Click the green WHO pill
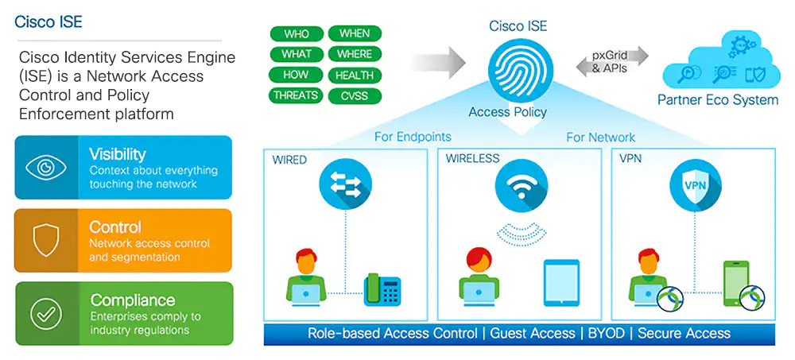[x=296, y=34]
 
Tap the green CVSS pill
[x=355, y=96]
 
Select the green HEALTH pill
[x=355, y=75]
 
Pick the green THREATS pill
[x=296, y=96]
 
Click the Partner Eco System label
[x=717, y=100]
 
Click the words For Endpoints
[x=413, y=137]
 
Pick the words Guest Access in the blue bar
[x=532, y=333]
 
